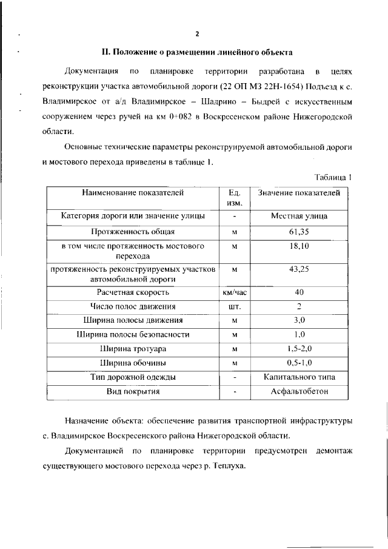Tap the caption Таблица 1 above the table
coord(333,177)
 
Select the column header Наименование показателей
coord(133,193)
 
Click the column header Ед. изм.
coord(235,198)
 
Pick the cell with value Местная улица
coord(299,215)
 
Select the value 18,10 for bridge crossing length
coord(299,247)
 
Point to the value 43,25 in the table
coord(299,269)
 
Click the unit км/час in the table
coord(235,292)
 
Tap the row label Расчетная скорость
coord(133,292)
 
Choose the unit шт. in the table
coord(235,306)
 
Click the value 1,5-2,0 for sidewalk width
coord(299,348)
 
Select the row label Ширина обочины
coord(133,363)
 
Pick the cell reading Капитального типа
coord(299,377)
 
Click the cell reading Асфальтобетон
coord(299,391)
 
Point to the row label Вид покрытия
coord(133,391)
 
